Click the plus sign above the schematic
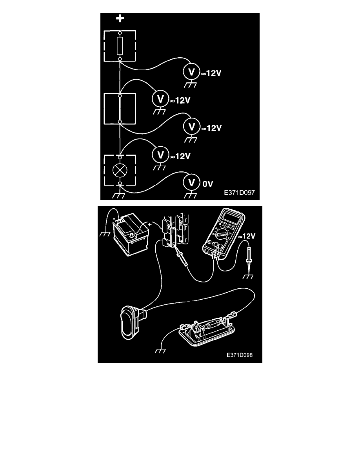pyautogui.click(x=120, y=19)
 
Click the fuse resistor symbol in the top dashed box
pyautogui.click(x=120, y=46)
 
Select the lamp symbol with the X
pyautogui.click(x=120, y=170)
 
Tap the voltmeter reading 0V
pyautogui.click(x=192, y=182)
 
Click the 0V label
pyautogui.click(x=208, y=184)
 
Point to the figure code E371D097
pyautogui.click(x=239, y=193)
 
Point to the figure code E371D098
pyautogui.click(x=239, y=355)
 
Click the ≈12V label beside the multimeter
pyautogui.click(x=247, y=236)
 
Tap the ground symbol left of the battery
pyautogui.click(x=105, y=234)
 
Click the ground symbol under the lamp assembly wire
pyautogui.click(x=160, y=351)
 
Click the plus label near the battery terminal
pyautogui.click(x=149, y=225)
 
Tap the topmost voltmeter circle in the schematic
pyautogui.click(x=192, y=72)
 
